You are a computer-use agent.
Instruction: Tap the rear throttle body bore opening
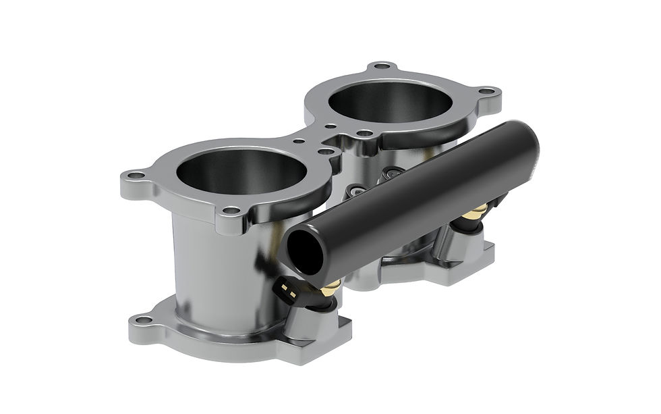tap(390, 103)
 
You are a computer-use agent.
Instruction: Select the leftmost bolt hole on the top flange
tap(136, 176)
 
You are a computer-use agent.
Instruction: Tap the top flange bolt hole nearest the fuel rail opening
tap(232, 211)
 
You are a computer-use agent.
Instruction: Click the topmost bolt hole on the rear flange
tap(382, 66)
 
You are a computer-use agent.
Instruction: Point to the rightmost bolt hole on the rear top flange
tap(488, 91)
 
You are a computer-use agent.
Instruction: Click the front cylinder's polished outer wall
tap(209, 263)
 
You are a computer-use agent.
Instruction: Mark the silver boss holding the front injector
tap(317, 324)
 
